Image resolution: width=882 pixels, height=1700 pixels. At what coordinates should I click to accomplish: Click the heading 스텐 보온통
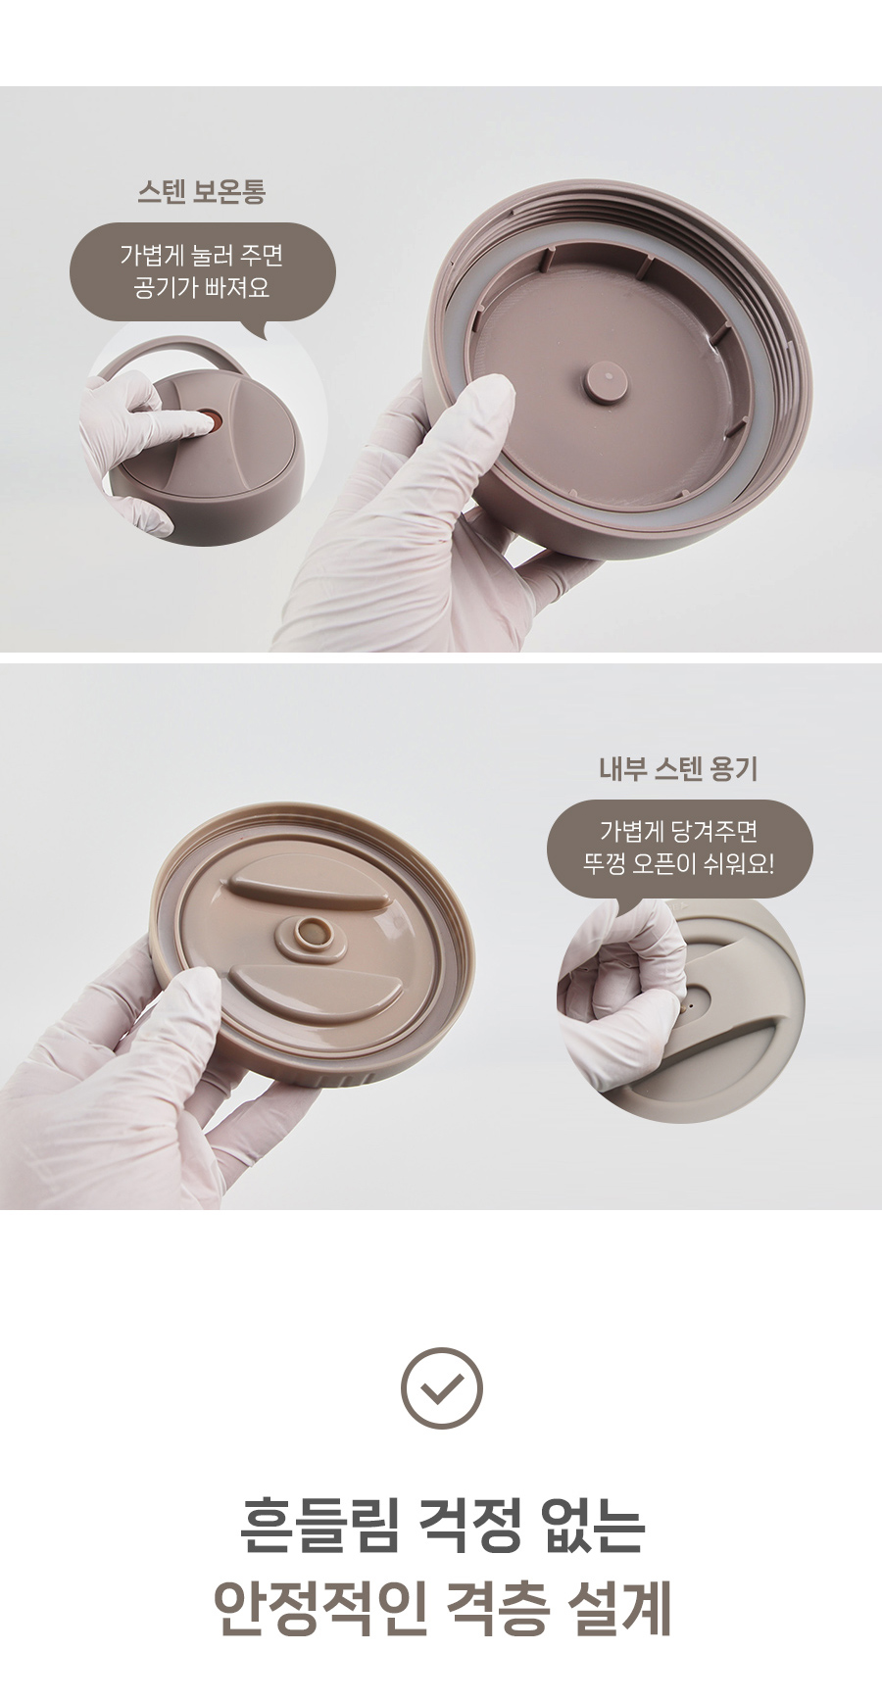click(201, 191)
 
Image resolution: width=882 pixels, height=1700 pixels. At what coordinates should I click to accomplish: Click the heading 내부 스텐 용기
click(678, 769)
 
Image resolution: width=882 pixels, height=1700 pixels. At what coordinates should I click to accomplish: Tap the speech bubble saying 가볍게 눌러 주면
click(202, 271)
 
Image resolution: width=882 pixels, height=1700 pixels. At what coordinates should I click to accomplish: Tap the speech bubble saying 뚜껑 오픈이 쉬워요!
click(679, 850)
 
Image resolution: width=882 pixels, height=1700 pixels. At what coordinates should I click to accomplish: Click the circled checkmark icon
click(441, 1388)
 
